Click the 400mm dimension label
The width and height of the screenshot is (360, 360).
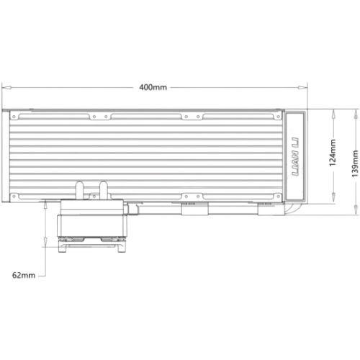pos(153,87)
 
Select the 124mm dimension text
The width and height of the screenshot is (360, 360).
pos(333,153)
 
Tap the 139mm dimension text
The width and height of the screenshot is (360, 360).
pos(355,163)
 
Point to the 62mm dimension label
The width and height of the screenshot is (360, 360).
pos(24,275)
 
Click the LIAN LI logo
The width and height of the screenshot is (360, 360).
pos(294,157)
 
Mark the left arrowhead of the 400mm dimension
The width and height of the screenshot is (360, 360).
pos(6,88)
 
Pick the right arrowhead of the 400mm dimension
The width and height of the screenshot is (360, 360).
pos(302,88)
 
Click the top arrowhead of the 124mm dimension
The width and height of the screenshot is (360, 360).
pos(333,114)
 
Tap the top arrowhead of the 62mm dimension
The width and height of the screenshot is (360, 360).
pos(45,204)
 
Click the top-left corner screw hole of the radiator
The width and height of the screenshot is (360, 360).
pos(14,117)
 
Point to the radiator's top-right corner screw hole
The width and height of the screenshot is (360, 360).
pos(278,117)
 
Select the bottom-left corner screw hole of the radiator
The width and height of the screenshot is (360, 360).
pos(14,197)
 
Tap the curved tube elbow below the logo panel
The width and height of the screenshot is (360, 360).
pos(291,209)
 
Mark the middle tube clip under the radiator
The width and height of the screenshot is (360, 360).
pos(194,209)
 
